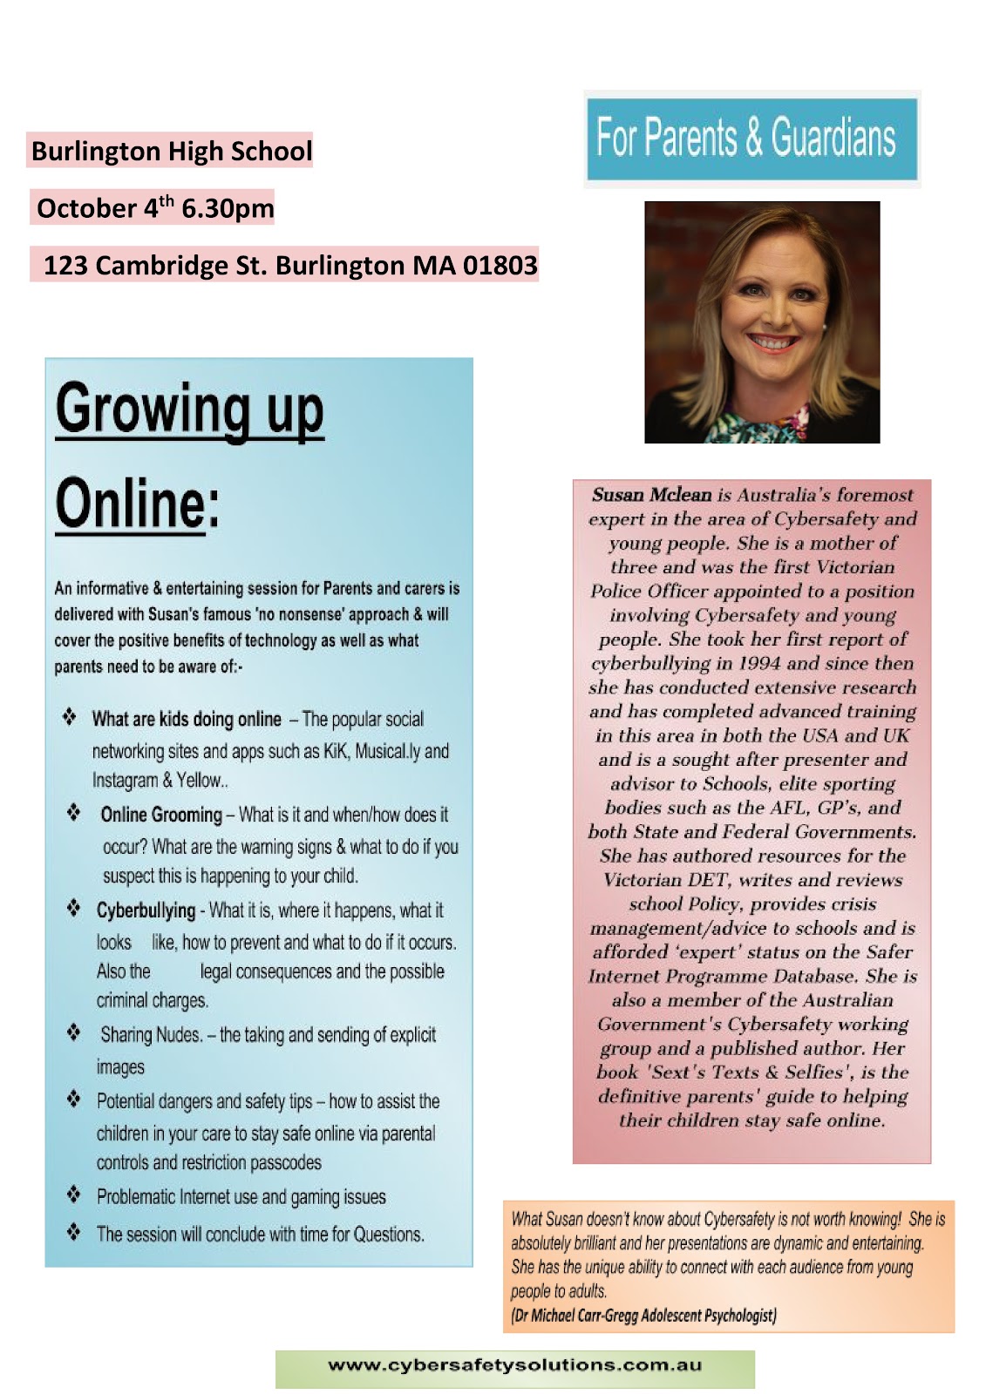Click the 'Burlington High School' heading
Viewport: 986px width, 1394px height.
click(x=171, y=152)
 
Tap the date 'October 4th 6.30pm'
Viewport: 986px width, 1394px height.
click(x=155, y=208)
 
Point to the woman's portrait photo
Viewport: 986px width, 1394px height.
click(x=762, y=321)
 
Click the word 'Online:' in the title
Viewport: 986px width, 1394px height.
click(x=137, y=504)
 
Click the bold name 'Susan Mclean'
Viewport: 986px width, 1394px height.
click(x=651, y=495)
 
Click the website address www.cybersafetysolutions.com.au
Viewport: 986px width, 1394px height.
click(x=514, y=1365)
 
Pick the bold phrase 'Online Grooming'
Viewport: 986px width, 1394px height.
click(x=161, y=815)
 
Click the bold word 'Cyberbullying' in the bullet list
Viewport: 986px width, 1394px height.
click(x=146, y=910)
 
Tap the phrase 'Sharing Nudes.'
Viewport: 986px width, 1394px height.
click(x=152, y=1035)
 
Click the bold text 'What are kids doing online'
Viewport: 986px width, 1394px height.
click(x=187, y=719)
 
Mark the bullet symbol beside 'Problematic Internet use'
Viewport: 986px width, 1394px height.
click(x=74, y=1195)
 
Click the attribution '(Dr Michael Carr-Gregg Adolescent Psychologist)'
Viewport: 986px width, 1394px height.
click(x=643, y=1316)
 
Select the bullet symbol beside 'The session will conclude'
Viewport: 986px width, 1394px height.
click(x=74, y=1233)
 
